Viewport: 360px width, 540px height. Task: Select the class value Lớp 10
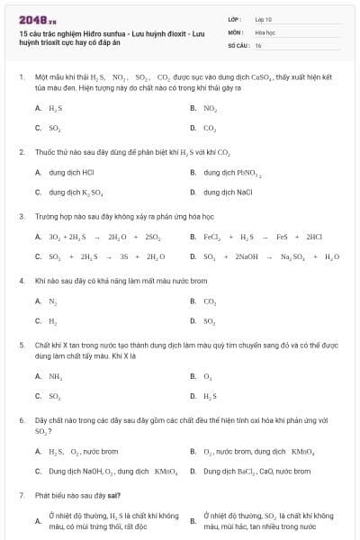(x=263, y=19)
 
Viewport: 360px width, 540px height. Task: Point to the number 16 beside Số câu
(x=258, y=44)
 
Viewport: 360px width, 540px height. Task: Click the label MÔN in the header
(x=236, y=31)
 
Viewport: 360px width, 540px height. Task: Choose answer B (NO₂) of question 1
(x=210, y=108)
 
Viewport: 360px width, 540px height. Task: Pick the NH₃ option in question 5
(x=55, y=376)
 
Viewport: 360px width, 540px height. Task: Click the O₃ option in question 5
(x=208, y=376)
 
